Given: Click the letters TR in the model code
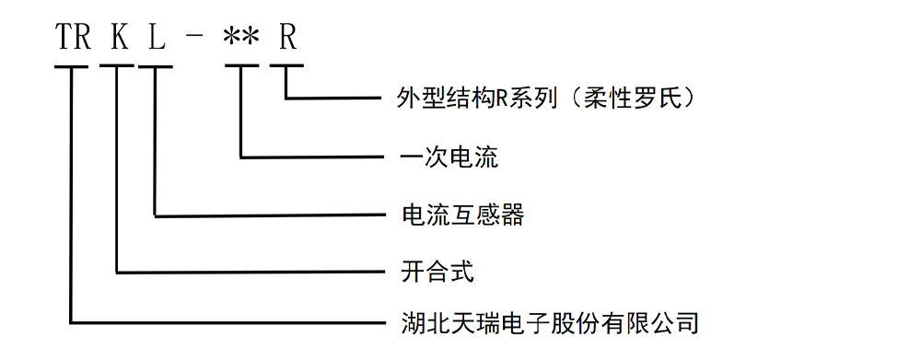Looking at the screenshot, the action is [74, 38].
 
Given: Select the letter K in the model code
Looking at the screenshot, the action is [119, 38].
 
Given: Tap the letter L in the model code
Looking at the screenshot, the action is [157, 38].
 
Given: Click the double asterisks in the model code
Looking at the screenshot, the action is [240, 38].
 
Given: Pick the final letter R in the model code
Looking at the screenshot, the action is [287, 38].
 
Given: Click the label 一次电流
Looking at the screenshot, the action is [449, 157].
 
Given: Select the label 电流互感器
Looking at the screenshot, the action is [462, 215].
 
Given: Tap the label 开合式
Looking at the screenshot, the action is [437, 272].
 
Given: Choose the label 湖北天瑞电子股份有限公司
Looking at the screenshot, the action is [550, 322].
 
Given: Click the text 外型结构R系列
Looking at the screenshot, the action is [476, 99].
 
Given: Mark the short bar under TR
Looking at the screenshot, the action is [71, 66].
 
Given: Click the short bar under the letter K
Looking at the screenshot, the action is [117, 66].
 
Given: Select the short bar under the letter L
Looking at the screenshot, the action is [156, 66].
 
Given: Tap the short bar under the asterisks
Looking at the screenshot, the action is [241, 66].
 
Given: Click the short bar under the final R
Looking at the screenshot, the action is [286, 66].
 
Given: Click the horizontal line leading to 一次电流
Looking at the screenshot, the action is [312, 157].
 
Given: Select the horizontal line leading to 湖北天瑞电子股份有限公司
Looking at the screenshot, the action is [227, 322].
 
